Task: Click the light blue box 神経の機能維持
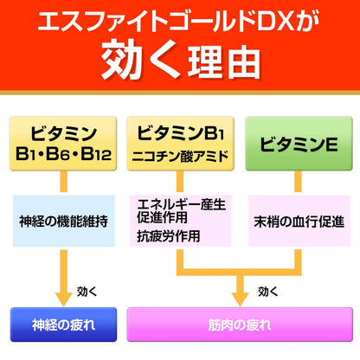pos(63,221)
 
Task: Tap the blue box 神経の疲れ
pos(63,325)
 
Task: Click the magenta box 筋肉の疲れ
pos(238,325)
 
